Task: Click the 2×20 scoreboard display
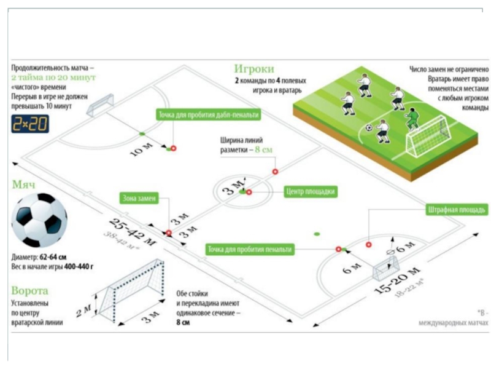pos(30,124)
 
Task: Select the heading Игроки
pos(253,69)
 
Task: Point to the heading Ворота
pos(29,291)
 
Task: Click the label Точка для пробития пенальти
pos(249,249)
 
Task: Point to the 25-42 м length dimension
pos(132,231)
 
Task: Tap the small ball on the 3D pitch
pos(369,128)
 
